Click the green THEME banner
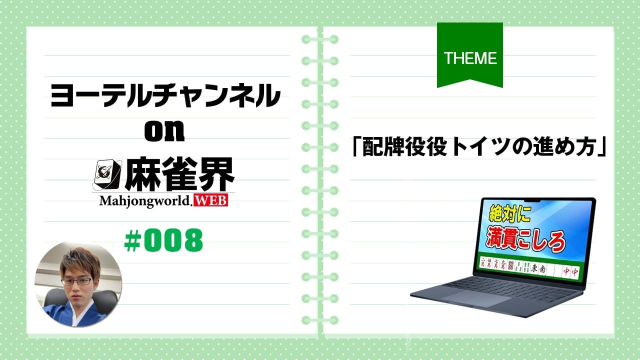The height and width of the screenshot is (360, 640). pyautogui.click(x=469, y=54)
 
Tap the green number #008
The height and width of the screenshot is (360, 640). pyautogui.click(x=163, y=240)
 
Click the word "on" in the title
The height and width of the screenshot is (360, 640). pyautogui.click(x=164, y=131)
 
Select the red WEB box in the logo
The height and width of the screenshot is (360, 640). pyautogui.click(x=211, y=200)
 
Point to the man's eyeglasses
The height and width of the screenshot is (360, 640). pyautogui.click(x=76, y=281)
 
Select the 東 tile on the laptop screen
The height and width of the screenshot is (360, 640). pyautogui.click(x=533, y=268)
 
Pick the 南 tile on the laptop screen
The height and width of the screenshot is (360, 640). pyautogui.click(x=542, y=269)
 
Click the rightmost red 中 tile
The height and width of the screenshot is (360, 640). pyautogui.click(x=574, y=271)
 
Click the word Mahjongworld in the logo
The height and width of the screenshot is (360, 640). pyautogui.click(x=144, y=201)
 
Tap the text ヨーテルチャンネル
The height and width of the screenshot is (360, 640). pyautogui.click(x=165, y=95)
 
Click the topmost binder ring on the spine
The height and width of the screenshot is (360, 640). pyautogui.click(x=320, y=39)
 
